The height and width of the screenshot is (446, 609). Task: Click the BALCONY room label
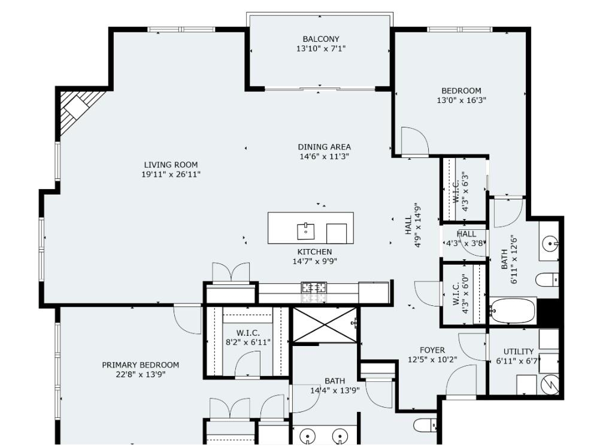[x=321, y=39]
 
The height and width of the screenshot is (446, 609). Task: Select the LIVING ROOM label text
[x=171, y=165]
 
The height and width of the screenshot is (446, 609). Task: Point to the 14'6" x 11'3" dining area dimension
[x=325, y=157]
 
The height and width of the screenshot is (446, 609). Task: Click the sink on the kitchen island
[x=306, y=229]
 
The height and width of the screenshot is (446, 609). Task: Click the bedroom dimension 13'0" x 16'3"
[x=461, y=101]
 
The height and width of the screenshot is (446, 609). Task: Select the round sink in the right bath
[x=550, y=243]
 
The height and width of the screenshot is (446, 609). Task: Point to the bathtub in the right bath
[x=512, y=310]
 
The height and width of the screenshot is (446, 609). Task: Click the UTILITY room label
[x=519, y=351]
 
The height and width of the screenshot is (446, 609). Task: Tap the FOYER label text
[x=432, y=350]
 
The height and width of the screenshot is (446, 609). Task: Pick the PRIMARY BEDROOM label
[x=140, y=365]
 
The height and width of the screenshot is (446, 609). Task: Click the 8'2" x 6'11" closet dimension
[x=248, y=342]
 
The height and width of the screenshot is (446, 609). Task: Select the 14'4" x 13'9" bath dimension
[x=334, y=390]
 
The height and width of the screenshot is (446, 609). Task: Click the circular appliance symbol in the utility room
[x=549, y=385]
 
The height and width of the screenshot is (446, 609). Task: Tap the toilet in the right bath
[x=547, y=279]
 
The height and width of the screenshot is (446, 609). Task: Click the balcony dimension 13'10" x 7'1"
[x=321, y=49]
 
